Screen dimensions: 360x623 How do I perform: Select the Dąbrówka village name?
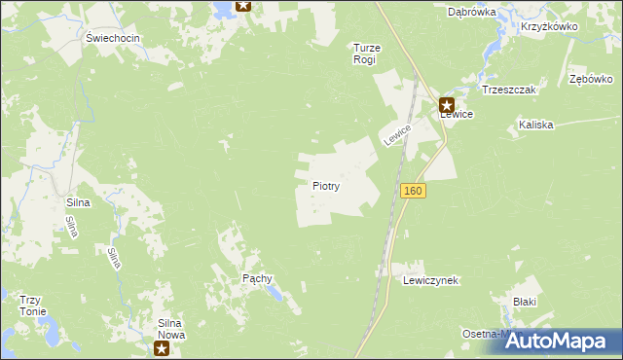pos(472,13)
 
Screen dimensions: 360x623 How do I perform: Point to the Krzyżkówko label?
pos(549,27)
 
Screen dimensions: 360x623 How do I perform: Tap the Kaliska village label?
pos(535,125)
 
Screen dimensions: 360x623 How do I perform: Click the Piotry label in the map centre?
pos(325,185)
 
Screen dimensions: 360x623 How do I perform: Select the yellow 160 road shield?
pos(413,192)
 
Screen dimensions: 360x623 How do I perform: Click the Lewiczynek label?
pos(430,279)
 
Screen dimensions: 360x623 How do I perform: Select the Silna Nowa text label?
pos(177,328)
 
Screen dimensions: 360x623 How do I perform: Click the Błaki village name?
pos(526,303)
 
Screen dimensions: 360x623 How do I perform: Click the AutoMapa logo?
pos(559,341)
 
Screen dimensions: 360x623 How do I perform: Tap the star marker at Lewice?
pos(447,104)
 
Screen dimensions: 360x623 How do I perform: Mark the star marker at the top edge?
pos(243,5)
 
